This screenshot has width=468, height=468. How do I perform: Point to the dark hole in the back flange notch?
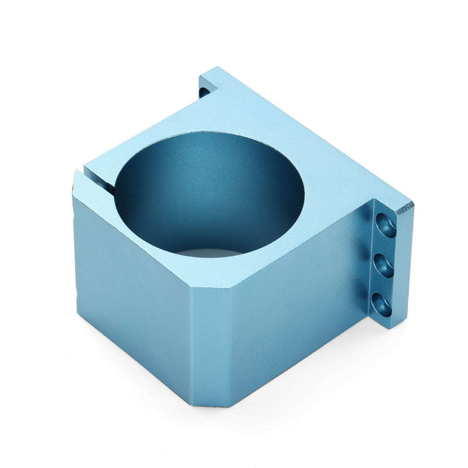[206, 91]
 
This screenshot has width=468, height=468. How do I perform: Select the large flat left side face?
[130, 281]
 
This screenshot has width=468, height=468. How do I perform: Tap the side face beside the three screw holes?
[303, 296]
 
